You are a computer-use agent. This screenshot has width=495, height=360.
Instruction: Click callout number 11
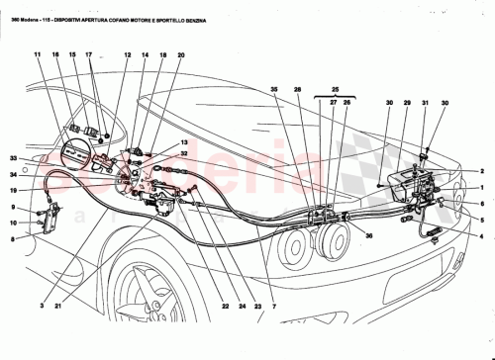36,55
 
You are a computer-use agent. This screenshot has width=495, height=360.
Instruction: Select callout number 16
58,55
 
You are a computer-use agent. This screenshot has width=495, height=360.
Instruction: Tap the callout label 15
73,55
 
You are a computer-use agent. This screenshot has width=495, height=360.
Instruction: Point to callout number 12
128,55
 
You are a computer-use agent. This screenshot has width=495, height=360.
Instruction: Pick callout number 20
181,55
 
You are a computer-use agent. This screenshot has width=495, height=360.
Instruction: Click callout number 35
275,90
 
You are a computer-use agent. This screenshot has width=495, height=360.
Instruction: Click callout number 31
426,104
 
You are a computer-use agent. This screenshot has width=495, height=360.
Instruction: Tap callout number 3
42,307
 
